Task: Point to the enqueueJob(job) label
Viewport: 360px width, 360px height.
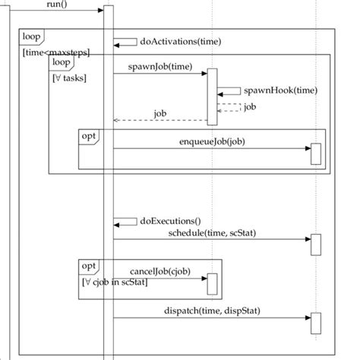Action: click(x=212, y=141)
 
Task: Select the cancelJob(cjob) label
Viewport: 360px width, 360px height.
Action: click(x=160, y=271)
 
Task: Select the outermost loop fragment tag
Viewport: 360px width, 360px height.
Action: click(x=31, y=36)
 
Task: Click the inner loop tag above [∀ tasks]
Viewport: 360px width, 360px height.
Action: click(x=62, y=62)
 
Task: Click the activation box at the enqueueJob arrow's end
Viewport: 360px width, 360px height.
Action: click(x=316, y=154)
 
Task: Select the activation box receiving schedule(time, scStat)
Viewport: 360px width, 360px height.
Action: click(x=316, y=245)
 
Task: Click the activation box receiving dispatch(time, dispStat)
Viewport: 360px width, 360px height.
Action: click(x=316, y=323)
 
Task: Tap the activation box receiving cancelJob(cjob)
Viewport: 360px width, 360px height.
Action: click(x=213, y=284)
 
